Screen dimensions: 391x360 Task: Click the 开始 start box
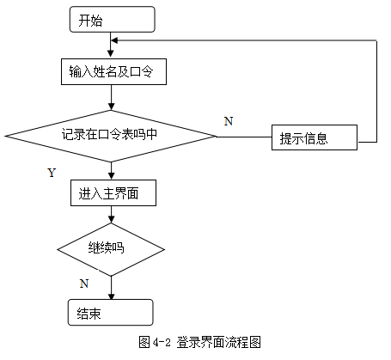point(113,20)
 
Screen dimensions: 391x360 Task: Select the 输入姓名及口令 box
point(113,71)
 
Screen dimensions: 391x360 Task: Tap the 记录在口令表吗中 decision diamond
point(110,136)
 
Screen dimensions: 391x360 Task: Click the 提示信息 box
point(315,137)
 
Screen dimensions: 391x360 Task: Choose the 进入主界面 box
point(113,192)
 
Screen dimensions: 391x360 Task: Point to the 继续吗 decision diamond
point(111,249)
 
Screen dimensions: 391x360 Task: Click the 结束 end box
point(111,312)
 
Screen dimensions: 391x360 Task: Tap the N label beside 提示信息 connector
point(229,121)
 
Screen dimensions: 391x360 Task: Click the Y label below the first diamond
point(52,173)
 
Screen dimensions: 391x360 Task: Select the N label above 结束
point(84,284)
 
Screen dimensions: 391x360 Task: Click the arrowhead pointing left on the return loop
point(114,40)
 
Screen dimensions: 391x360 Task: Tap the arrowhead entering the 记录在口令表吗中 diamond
point(111,107)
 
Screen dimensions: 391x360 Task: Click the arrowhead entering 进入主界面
point(111,176)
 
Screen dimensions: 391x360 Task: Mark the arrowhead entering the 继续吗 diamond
point(111,219)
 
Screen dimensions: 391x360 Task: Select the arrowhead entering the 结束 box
point(111,296)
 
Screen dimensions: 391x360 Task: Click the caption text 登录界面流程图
point(218,342)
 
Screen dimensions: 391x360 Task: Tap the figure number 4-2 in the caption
point(162,342)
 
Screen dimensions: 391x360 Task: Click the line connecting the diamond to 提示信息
point(244,137)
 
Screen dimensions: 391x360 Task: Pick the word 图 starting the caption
point(144,342)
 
